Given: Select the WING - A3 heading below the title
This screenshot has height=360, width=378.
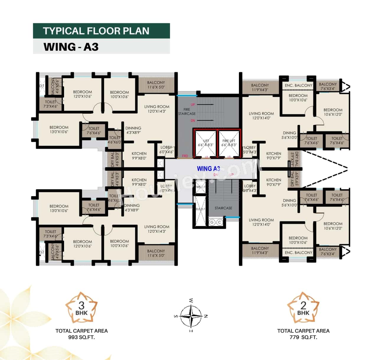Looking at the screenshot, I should [71, 47].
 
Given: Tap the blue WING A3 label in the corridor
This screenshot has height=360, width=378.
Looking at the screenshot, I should [208, 169].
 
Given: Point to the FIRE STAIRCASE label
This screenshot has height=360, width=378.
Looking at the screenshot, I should [187, 111].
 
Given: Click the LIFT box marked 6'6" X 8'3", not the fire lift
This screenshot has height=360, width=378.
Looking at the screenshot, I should [206, 143].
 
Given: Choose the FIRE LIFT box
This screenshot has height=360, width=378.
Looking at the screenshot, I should [229, 143].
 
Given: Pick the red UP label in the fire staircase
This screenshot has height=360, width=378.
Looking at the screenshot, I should [193, 105].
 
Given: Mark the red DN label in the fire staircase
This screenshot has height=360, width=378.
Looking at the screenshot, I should [193, 120].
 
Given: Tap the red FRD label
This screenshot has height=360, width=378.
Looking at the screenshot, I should [185, 156].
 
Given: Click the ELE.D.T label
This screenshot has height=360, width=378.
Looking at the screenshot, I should [200, 209].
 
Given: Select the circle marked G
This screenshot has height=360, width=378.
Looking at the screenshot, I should [212, 222].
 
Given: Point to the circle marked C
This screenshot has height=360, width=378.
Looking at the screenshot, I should [219, 222].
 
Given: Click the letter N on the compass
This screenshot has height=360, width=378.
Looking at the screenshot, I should [206, 316].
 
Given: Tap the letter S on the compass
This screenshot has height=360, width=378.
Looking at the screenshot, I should [176, 316].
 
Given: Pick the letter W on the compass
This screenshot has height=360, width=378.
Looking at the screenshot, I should [191, 301].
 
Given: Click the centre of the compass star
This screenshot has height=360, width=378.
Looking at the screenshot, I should [191, 316].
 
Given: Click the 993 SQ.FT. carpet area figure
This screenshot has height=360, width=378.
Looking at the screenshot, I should [82, 337].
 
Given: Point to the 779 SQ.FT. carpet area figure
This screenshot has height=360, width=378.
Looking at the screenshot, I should [303, 337].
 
